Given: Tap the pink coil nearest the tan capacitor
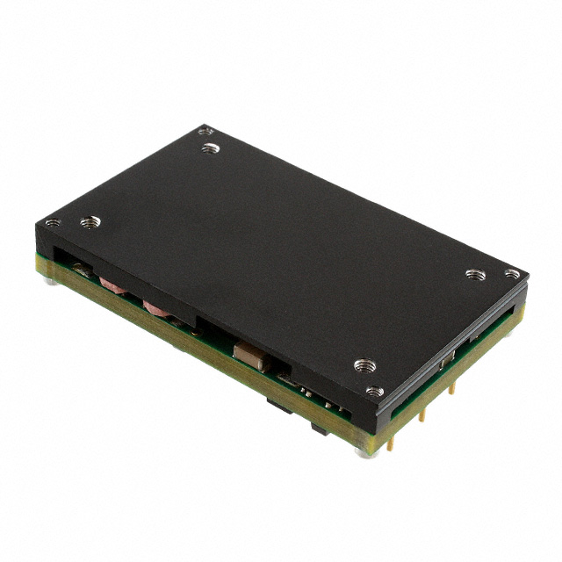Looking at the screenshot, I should point(156,308).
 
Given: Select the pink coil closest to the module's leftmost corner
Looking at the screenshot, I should point(111,284).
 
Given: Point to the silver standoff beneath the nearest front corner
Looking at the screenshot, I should point(363,450).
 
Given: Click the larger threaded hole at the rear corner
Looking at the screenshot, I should point(208,148).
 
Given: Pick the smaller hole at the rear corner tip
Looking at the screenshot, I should point(205,130).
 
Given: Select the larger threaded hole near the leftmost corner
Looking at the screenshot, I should point(88,223).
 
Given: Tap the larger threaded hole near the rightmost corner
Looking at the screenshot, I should point(475,274).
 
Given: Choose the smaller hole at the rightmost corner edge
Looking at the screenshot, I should point(512,274).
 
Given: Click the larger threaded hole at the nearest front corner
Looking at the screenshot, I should point(364,364).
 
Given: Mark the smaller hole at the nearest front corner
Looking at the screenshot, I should point(373,392).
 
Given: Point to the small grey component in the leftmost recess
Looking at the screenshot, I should point(80,266).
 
